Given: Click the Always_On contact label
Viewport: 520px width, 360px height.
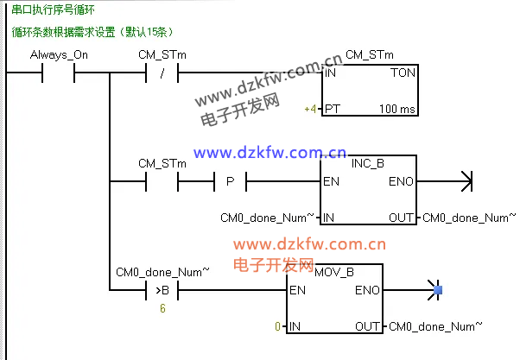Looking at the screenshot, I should click(59, 55).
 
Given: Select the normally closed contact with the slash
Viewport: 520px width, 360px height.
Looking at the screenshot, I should click(162, 74).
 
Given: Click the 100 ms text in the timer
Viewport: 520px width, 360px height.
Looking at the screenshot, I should click(397, 110).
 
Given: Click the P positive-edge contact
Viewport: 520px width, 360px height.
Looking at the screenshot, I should click(229, 182).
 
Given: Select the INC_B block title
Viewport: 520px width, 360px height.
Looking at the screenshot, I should click(368, 162).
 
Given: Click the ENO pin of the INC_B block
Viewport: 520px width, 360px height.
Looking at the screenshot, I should click(401, 182).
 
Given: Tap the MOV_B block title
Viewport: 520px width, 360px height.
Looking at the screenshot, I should click(335, 271).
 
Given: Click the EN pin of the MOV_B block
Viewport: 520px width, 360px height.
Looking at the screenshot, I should click(297, 290).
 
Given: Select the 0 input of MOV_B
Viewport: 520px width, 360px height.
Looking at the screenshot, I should click(277, 326).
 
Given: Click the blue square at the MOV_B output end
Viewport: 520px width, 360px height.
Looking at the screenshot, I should click(438, 290).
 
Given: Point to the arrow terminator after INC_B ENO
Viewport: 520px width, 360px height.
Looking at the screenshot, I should click(466, 182).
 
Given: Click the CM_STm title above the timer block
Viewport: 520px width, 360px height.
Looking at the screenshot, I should click(370, 55).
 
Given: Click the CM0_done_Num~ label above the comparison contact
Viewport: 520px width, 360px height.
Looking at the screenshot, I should click(162, 272).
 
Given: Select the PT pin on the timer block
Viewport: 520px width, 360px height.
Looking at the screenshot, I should click(333, 110).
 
